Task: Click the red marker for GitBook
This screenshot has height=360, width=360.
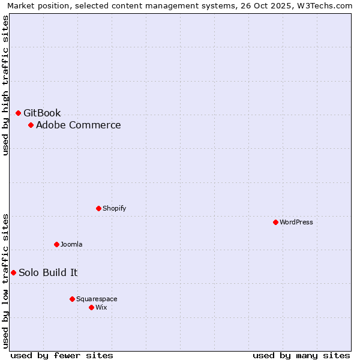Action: click(x=18, y=113)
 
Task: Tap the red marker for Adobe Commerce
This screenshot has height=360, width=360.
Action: click(x=31, y=125)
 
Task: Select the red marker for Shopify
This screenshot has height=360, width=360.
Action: click(x=98, y=208)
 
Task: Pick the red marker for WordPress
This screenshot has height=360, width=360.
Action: click(x=275, y=222)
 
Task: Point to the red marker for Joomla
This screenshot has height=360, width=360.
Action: click(x=56, y=244)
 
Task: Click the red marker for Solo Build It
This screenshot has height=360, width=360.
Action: click(x=13, y=272)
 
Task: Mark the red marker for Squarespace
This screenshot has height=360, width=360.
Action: click(x=72, y=299)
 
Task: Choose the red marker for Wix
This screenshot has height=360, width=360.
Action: click(x=91, y=307)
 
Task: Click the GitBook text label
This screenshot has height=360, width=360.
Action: click(x=42, y=113)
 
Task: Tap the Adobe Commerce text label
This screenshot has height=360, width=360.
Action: click(x=78, y=125)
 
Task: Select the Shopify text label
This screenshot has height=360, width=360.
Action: click(x=114, y=208)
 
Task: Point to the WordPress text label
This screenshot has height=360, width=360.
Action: click(x=296, y=222)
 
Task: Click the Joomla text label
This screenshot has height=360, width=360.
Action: click(x=71, y=244)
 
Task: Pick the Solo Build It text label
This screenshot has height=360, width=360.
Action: click(x=48, y=272)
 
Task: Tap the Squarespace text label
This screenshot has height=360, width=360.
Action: click(x=97, y=299)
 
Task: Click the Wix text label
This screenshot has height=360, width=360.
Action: click(x=101, y=307)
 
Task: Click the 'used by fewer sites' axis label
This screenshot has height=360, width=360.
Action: click(x=62, y=355)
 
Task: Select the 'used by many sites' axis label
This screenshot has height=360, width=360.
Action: click(x=301, y=355)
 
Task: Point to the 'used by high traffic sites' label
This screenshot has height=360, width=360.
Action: click(x=5, y=85)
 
